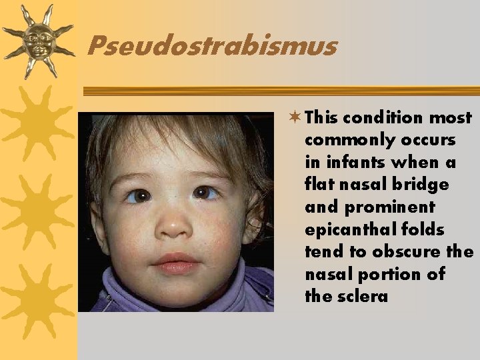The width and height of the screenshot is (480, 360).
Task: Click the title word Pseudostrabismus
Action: coord(212,47)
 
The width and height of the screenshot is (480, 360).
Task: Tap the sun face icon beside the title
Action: coord(37,40)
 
